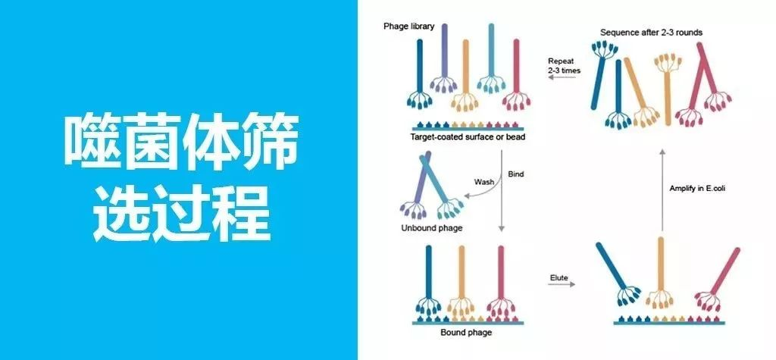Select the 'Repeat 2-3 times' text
564,64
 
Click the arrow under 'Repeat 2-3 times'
564,85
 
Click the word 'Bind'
516,174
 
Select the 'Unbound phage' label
431,227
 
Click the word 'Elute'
559,277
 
